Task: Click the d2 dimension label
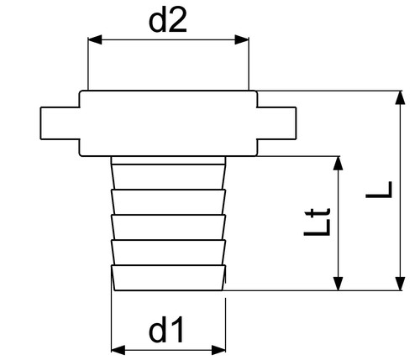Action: point(167,20)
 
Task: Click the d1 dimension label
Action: point(166,329)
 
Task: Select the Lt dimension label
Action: point(318,222)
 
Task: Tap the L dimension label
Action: point(379,190)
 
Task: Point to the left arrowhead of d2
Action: point(95,39)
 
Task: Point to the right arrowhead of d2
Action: point(242,39)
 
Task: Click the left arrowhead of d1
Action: point(118,350)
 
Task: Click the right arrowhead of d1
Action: point(218,350)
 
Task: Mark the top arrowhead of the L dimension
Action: point(401,97)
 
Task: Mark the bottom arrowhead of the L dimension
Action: point(401,284)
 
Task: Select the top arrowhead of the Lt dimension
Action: point(339,163)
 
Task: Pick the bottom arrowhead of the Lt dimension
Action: point(339,284)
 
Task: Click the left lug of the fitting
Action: point(60,123)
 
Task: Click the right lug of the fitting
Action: point(276,123)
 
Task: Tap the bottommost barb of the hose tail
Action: point(168,278)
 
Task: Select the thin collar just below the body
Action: point(168,160)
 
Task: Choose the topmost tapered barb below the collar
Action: point(168,177)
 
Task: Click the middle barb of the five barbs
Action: point(168,227)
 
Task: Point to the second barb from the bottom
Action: point(168,253)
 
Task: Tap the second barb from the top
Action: point(168,202)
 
